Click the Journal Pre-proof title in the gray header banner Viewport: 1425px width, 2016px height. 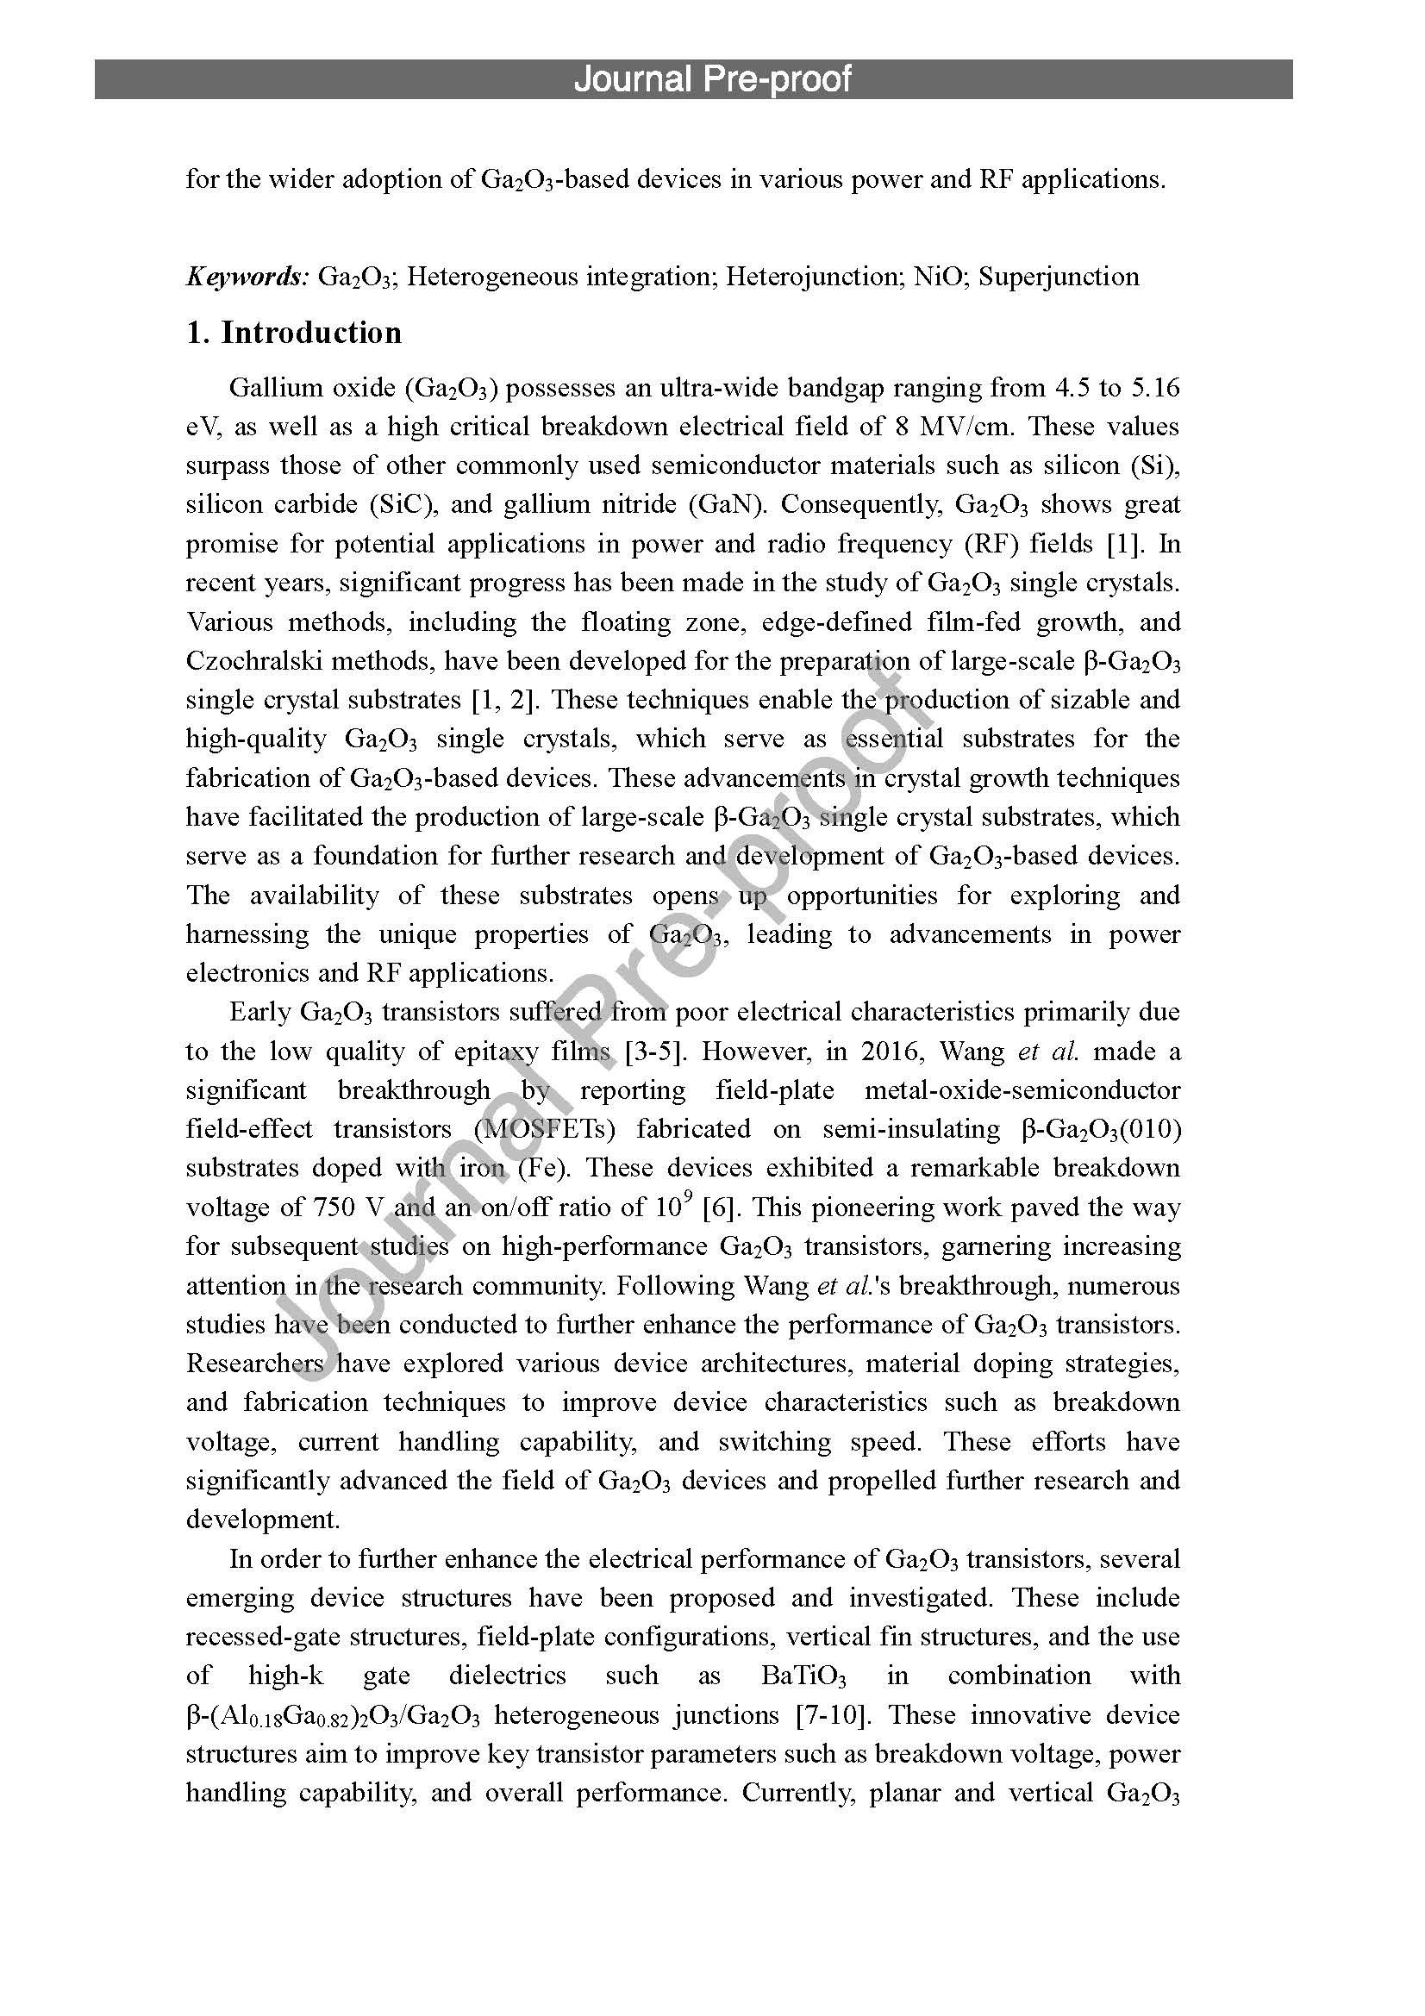[712, 79]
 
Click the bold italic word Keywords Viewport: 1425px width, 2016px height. [247, 277]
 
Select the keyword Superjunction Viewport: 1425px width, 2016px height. [1059, 277]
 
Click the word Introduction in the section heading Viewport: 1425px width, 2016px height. [311, 333]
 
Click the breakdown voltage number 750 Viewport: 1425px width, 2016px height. [334, 1208]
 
